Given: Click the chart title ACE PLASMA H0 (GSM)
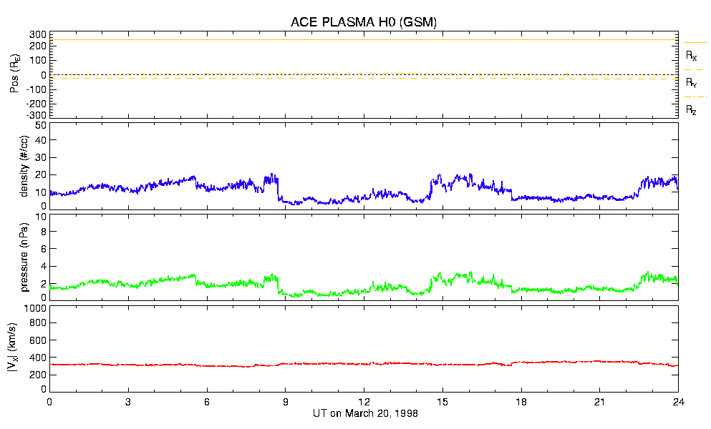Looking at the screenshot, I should tap(364, 22).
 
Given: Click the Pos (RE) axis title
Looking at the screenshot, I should tap(15, 74).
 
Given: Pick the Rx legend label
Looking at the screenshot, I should tap(691, 55).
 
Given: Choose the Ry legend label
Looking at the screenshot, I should tap(691, 83).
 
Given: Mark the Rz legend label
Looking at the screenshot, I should tap(691, 110).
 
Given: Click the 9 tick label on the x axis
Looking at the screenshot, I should tap(285, 402).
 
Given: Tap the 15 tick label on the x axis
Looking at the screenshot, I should tap(442, 402).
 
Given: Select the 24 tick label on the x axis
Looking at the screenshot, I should tap(678, 402).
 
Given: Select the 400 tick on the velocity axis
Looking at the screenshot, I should tap(39, 357).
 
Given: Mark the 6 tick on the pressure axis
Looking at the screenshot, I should tap(43, 249).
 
